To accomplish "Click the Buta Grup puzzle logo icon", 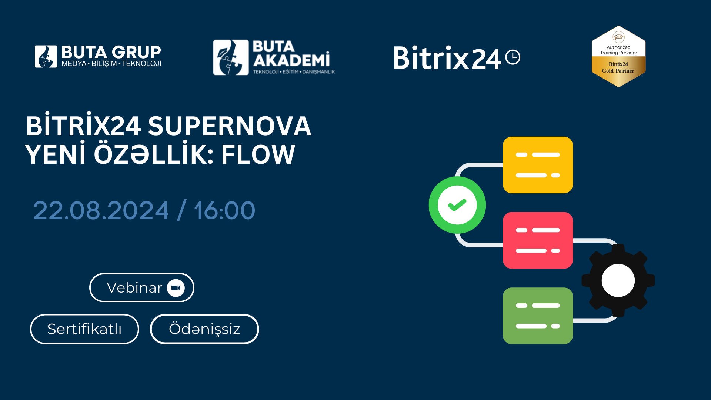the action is tap(46, 57).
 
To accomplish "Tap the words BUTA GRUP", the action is tap(111, 52).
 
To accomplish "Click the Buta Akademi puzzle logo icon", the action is tap(231, 57).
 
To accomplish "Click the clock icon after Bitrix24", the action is tap(513, 57).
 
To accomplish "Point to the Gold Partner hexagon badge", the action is tap(618, 56).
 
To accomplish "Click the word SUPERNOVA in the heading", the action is tap(230, 126).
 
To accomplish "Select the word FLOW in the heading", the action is tap(258, 154).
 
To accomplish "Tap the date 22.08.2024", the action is tap(101, 210).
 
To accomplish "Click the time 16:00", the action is tap(224, 210).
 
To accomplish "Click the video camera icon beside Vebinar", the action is tap(176, 288).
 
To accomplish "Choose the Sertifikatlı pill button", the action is tap(84, 329).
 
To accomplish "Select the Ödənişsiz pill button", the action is tap(204, 329).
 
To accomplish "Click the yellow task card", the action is tap(538, 165).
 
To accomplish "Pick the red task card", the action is tap(538, 240).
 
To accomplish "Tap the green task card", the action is tap(538, 316).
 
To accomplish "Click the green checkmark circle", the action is tap(457, 205).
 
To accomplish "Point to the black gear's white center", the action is tap(618, 280).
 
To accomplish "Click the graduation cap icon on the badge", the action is tap(619, 37).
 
